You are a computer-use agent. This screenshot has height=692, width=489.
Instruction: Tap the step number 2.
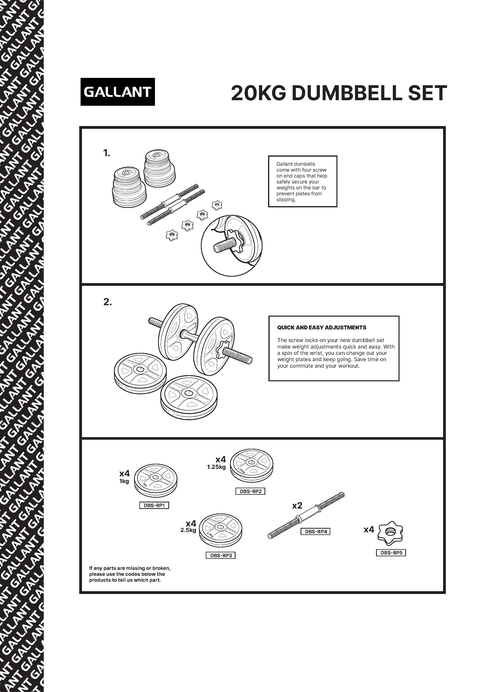pos(107,302)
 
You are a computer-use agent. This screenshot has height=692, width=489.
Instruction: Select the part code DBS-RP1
pos(154,505)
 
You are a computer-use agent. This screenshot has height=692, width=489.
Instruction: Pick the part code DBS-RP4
pos(316,532)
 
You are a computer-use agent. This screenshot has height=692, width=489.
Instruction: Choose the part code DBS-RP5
pos(391,553)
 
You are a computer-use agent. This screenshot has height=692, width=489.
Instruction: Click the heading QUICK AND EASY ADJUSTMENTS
pos(322,328)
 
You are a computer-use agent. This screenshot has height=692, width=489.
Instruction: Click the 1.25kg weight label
pos(216,468)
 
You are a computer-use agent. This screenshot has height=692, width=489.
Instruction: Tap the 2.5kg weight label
pos(188,530)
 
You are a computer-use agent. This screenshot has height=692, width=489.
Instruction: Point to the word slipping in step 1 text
pos(286,199)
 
